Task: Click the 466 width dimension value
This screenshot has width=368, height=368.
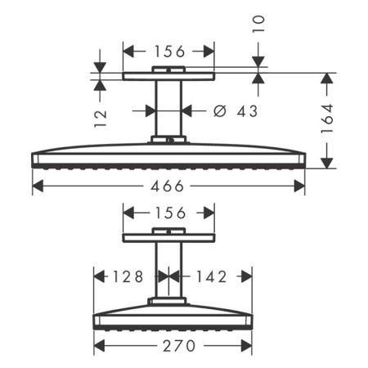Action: (x=168, y=186)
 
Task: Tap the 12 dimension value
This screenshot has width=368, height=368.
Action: (x=99, y=119)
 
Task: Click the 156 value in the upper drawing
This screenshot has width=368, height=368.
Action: (x=169, y=51)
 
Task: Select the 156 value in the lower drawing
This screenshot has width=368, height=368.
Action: (x=169, y=213)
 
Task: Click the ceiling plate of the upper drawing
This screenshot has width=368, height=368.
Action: (x=168, y=77)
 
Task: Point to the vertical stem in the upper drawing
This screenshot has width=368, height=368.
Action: (x=168, y=110)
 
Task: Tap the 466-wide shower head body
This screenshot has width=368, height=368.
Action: (x=168, y=156)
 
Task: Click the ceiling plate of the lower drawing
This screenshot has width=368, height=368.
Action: (x=168, y=237)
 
